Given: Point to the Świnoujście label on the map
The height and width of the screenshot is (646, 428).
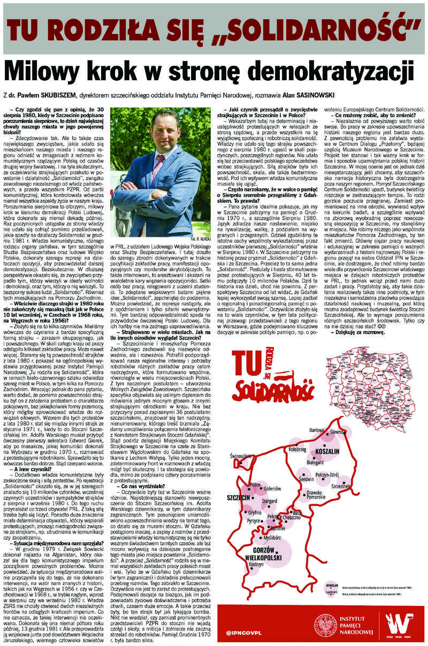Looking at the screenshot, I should [x=242, y=456].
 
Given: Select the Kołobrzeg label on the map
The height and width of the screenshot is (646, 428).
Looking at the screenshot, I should [x=297, y=450].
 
